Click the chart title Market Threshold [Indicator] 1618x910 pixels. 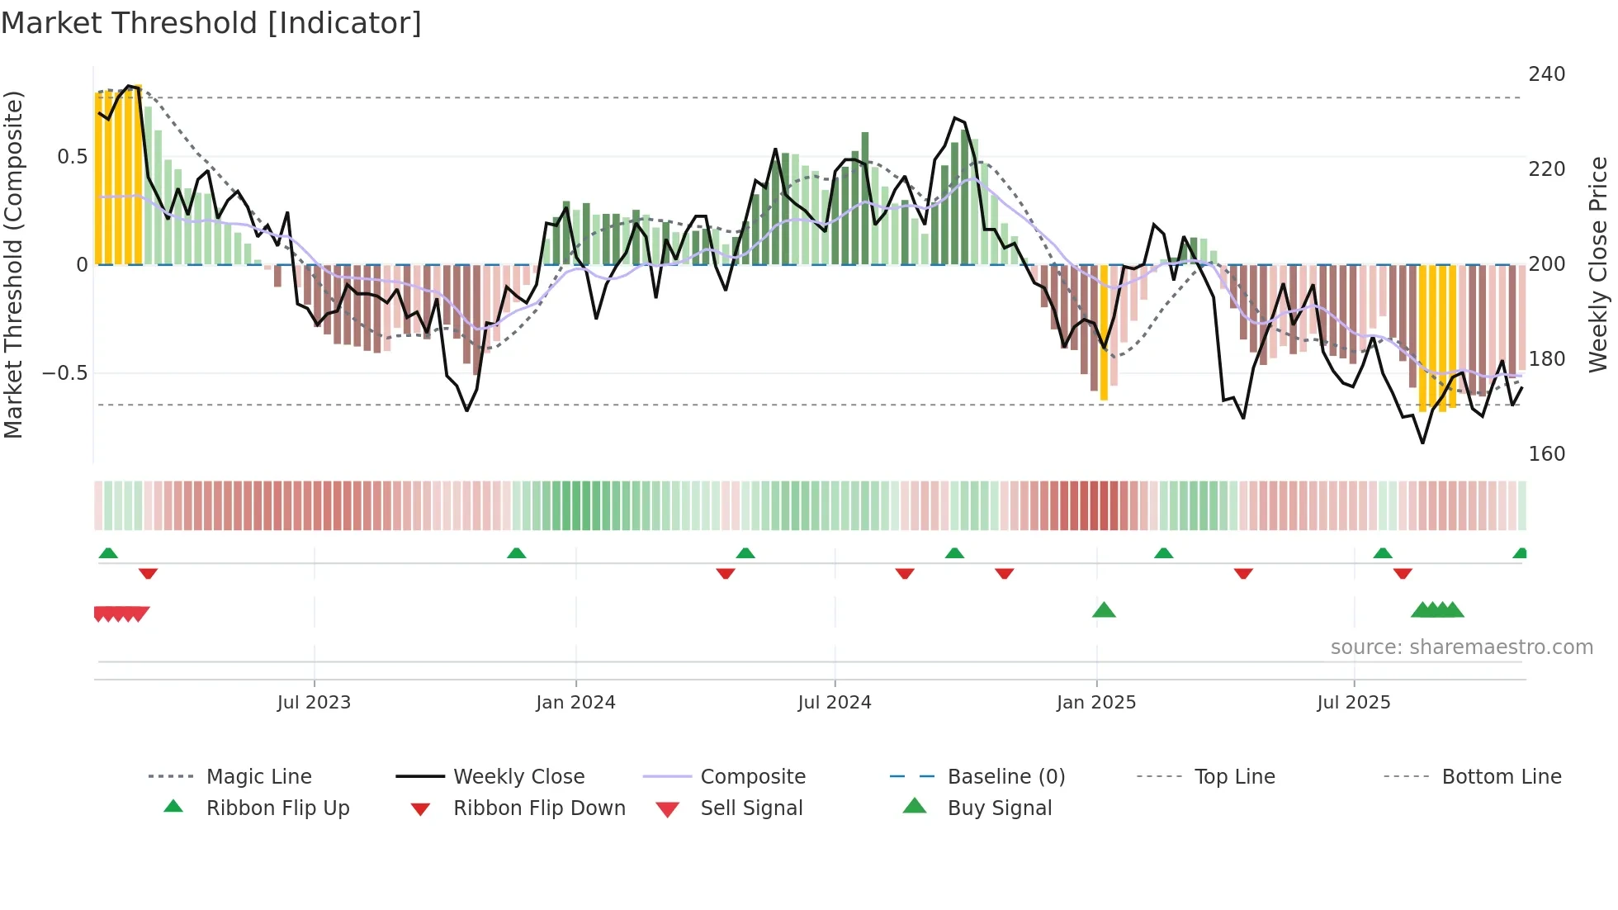tap(211, 23)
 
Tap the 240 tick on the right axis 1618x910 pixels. tap(1546, 74)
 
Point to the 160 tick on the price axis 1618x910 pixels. tap(1546, 454)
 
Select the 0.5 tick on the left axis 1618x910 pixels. tap(72, 157)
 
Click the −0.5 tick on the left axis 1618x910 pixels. tap(65, 373)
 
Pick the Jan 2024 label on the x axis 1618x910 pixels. tap(575, 703)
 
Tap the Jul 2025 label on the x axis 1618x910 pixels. tap(1353, 703)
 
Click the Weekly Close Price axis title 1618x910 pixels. tap(1598, 264)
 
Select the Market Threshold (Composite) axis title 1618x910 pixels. tap(13, 264)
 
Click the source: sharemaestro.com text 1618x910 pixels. tap(1461, 647)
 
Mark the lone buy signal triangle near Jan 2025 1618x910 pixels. tap(1104, 610)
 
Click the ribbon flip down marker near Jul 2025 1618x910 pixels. tap(1403, 573)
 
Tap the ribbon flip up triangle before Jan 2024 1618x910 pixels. tap(517, 553)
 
